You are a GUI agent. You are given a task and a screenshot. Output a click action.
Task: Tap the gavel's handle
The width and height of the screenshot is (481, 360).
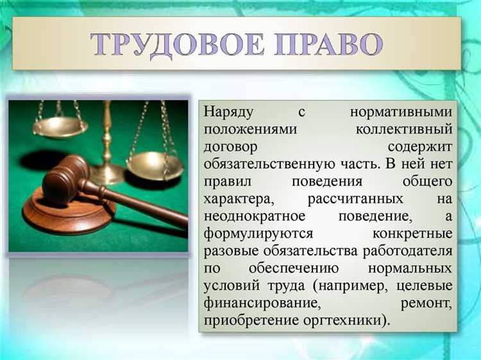141,203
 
